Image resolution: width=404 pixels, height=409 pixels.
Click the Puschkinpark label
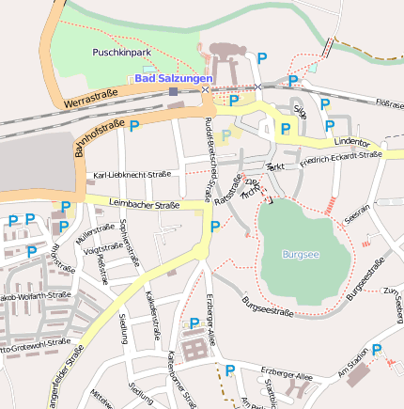[117, 54]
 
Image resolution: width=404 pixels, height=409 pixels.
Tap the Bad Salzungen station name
[174, 79]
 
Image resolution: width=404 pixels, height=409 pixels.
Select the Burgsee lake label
[301, 254]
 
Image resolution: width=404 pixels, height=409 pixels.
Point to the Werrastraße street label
[91, 97]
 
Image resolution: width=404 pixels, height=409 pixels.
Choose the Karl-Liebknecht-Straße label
[132, 175]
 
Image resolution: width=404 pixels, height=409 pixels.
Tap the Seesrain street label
[357, 215]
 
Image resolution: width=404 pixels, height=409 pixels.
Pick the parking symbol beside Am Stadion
[377, 350]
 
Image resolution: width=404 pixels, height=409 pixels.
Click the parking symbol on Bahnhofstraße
[134, 125]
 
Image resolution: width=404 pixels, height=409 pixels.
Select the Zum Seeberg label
[396, 301]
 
